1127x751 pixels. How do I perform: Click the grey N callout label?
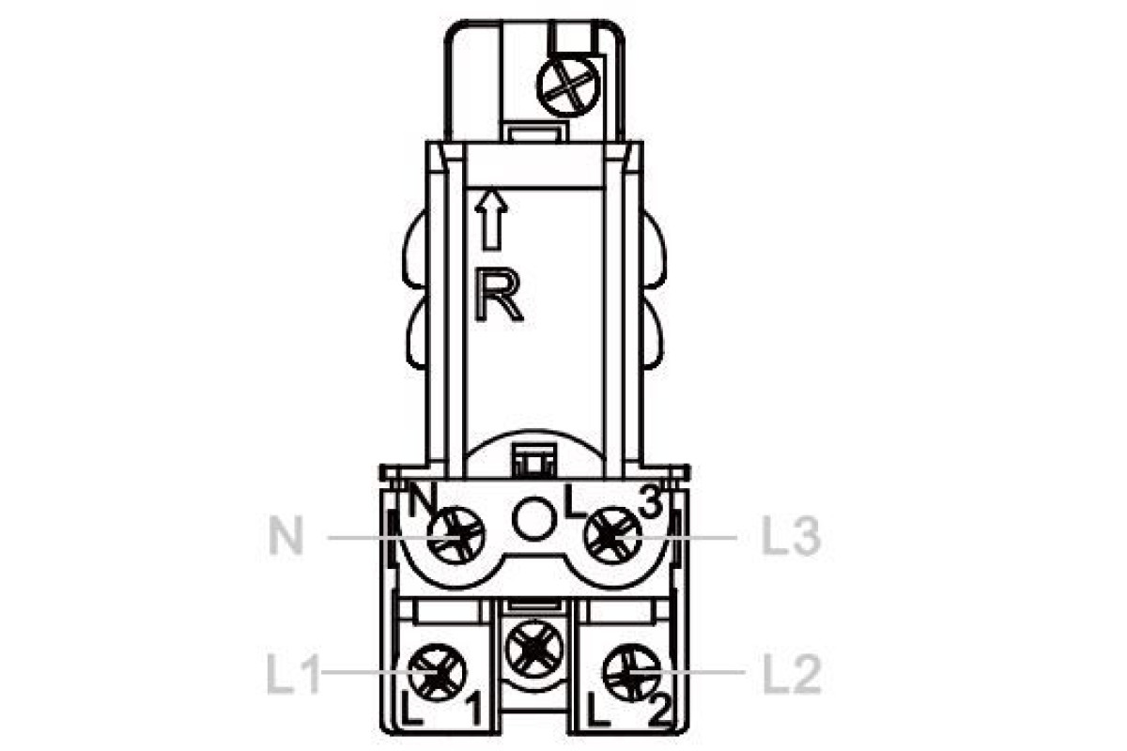pyautogui.click(x=286, y=537)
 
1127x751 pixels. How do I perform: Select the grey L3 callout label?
pyautogui.click(x=792, y=537)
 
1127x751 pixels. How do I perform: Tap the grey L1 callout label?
pyautogui.click(x=293, y=675)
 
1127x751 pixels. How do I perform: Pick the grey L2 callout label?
pyautogui.click(x=793, y=675)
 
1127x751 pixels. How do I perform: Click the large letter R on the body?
pyautogui.click(x=498, y=296)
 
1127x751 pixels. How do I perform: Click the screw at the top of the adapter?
pyautogui.click(x=568, y=85)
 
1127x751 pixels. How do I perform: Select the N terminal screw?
pyautogui.click(x=456, y=535)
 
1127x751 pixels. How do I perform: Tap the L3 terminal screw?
pyautogui.click(x=612, y=535)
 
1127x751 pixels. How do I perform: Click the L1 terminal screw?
pyautogui.click(x=437, y=672)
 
